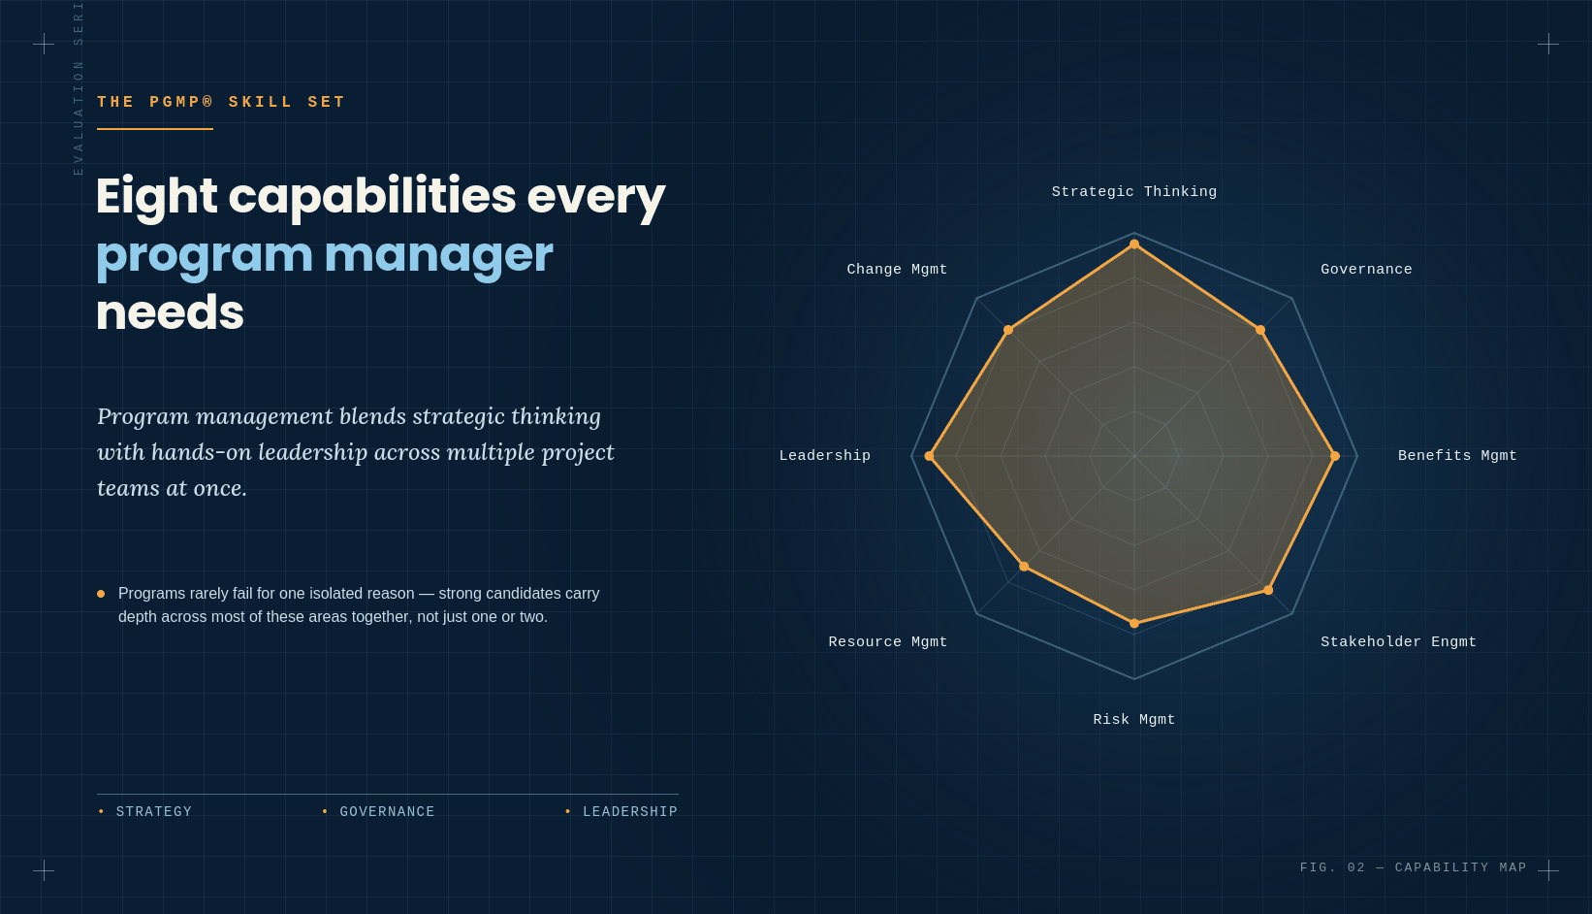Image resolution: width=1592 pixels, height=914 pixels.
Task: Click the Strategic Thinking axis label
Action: (1134, 192)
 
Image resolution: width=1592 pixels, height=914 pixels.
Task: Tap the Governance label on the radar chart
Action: (1366, 270)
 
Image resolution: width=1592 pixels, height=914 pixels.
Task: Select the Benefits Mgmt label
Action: (1457, 456)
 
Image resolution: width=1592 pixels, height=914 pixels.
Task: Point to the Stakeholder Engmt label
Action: (1398, 642)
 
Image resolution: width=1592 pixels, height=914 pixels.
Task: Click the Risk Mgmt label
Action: (1134, 720)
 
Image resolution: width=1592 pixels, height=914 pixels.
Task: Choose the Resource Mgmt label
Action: (888, 642)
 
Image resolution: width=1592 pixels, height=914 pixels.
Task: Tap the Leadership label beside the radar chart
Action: (824, 456)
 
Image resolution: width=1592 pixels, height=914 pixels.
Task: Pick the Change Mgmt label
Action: (897, 270)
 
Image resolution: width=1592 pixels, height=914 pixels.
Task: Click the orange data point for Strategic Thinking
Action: (1134, 245)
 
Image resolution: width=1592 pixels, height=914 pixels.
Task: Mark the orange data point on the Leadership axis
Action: (929, 456)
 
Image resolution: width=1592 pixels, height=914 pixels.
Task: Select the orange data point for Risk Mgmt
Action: (1134, 623)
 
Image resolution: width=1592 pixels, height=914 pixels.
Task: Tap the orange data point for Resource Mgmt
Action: (1024, 567)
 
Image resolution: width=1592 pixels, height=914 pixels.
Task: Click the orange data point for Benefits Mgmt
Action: (1335, 456)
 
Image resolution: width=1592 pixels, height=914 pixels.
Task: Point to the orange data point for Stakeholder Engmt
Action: (1268, 590)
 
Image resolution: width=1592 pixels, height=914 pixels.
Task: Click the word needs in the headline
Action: (170, 313)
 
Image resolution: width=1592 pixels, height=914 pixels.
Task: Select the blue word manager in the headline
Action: (438, 254)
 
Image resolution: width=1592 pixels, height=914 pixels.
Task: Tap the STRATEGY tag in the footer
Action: (153, 811)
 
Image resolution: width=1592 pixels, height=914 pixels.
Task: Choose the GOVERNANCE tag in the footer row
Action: (387, 811)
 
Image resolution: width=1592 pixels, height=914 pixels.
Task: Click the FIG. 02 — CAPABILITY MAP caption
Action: (1413, 867)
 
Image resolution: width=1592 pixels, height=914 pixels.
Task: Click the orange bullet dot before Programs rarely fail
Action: (101, 594)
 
